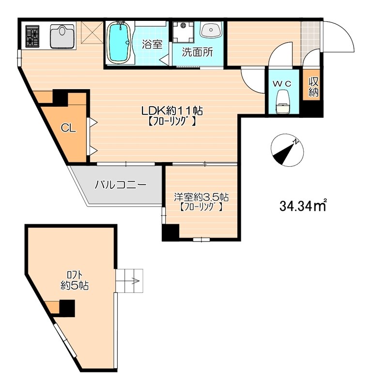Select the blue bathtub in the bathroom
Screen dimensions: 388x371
point(119,43)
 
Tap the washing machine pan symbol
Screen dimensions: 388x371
point(184,32)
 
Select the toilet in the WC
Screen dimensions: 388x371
point(282,102)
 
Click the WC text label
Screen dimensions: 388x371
point(282,83)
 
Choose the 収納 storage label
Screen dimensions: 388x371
point(313,87)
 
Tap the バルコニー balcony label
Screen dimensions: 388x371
point(120,184)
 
